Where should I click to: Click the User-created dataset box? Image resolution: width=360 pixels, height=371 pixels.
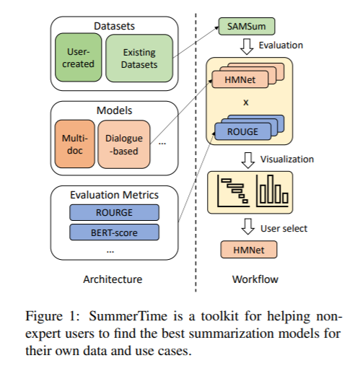(x=79, y=58)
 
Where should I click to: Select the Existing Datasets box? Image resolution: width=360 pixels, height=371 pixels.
(x=139, y=58)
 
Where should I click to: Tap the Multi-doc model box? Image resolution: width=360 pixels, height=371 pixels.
(x=75, y=144)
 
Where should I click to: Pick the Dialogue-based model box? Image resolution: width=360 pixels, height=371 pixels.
(x=124, y=144)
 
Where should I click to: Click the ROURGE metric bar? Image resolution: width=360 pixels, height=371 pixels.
(x=114, y=212)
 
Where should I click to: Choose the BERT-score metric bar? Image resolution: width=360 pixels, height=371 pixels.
(x=114, y=232)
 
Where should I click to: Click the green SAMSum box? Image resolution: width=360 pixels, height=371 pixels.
(x=247, y=26)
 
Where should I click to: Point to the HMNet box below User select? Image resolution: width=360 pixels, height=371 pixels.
(x=249, y=250)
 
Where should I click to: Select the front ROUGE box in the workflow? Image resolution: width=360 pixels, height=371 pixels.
(x=242, y=131)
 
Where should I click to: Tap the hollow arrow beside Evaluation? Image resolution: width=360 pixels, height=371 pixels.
(x=247, y=47)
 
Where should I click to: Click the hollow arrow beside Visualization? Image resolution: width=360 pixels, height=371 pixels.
(x=248, y=160)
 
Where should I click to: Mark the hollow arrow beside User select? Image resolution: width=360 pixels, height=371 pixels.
(x=248, y=227)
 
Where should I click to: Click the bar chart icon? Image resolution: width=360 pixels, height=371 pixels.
(x=273, y=191)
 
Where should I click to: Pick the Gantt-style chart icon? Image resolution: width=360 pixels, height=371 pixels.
(x=233, y=191)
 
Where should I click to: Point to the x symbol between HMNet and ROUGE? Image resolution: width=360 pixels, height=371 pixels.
(x=246, y=102)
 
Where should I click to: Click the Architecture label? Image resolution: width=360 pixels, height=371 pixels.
(x=113, y=279)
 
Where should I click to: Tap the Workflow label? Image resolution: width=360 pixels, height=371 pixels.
(x=255, y=279)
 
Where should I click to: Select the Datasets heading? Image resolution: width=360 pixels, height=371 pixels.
(x=114, y=26)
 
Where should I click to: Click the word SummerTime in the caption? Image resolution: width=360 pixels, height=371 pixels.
(x=128, y=315)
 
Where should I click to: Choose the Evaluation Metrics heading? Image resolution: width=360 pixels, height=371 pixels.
(x=114, y=195)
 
